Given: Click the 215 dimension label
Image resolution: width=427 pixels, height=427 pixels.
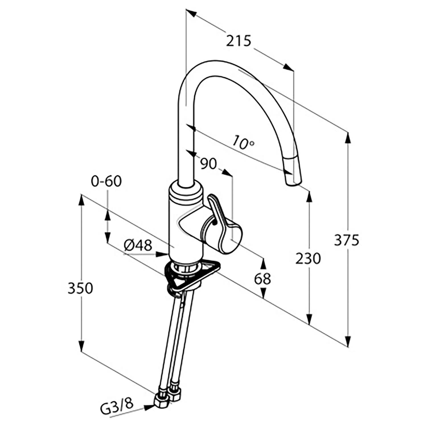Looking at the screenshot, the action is (x=239, y=41).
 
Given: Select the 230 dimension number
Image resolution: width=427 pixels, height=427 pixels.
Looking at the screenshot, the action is (x=308, y=258).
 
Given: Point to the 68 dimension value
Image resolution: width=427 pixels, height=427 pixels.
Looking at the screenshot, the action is (x=262, y=279).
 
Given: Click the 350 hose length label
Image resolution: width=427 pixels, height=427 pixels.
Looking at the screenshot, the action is (x=80, y=288).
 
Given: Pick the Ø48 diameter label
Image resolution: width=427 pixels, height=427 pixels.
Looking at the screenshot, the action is (x=138, y=245).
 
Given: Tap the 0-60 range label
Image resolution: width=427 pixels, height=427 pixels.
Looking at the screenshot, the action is (x=106, y=181).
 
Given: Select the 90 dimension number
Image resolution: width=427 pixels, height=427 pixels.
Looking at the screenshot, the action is (x=208, y=164).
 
